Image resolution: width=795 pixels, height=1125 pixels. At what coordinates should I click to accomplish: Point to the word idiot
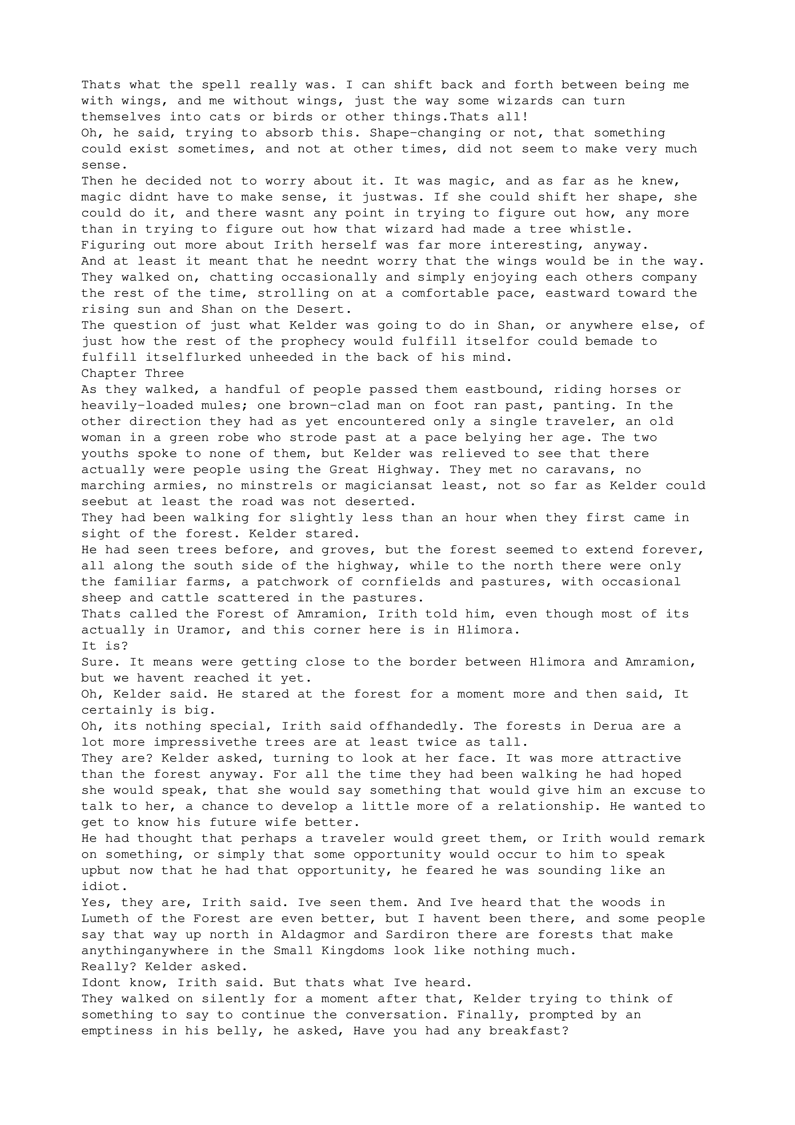pos(101,886)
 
